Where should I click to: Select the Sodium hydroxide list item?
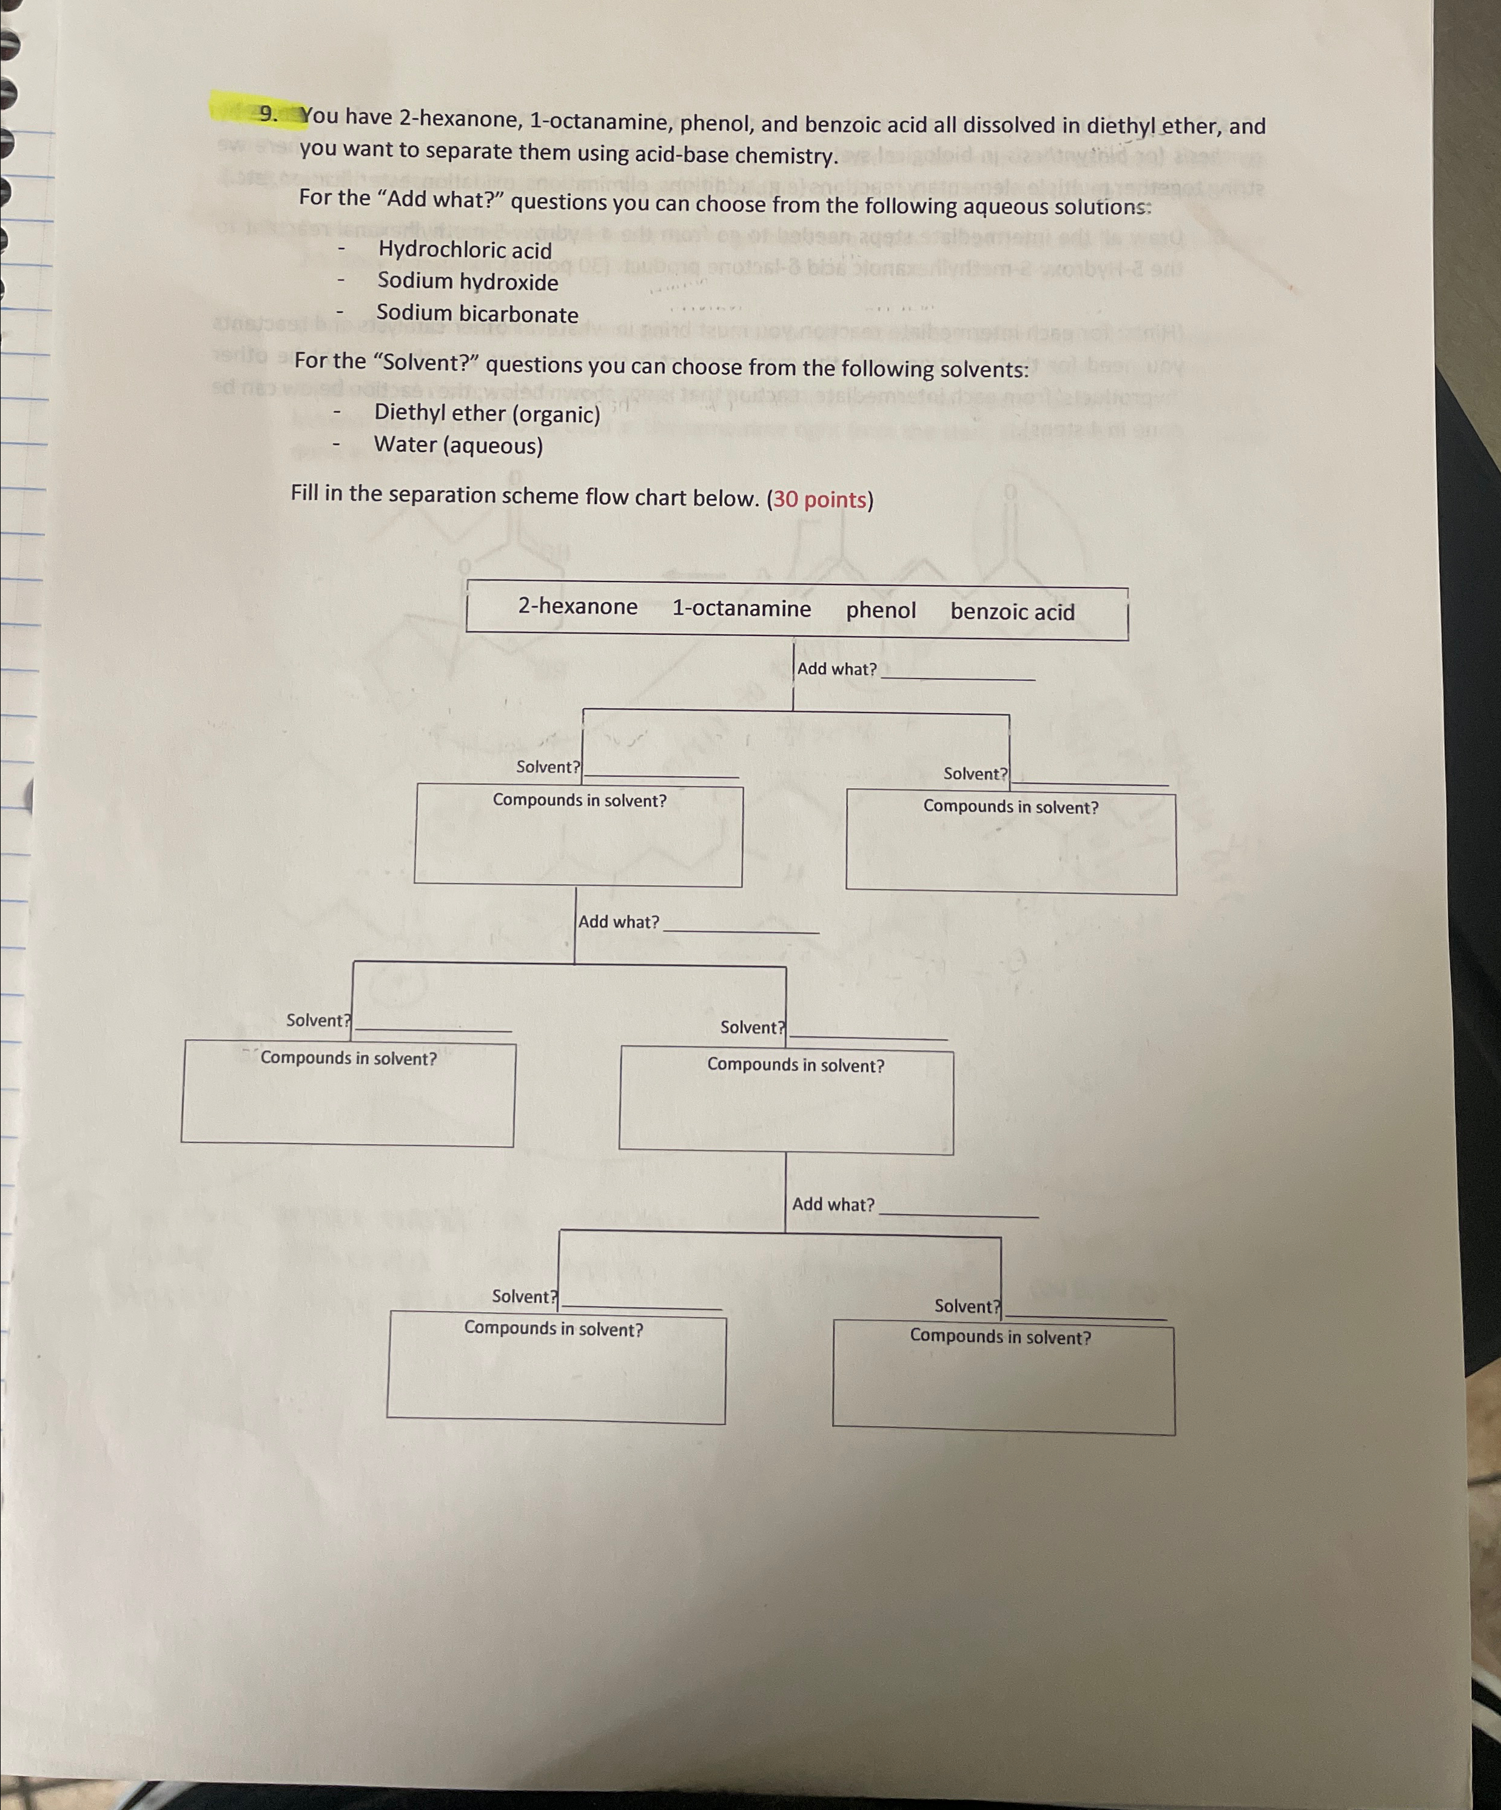[x=468, y=282]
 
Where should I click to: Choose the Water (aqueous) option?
[x=458, y=446]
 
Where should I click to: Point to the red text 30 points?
[x=820, y=500]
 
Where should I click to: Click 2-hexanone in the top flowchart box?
[x=577, y=607]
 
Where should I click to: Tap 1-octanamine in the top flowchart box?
[x=742, y=609]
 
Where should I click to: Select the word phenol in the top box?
[x=880, y=610]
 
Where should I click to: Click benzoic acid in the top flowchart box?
[x=1012, y=612]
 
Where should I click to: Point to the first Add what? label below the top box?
[x=836, y=669]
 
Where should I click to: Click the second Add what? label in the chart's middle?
[x=618, y=922]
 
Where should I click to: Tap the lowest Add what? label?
[x=833, y=1205]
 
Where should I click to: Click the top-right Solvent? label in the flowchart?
[x=975, y=774]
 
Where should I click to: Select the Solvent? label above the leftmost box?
[x=318, y=1021]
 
